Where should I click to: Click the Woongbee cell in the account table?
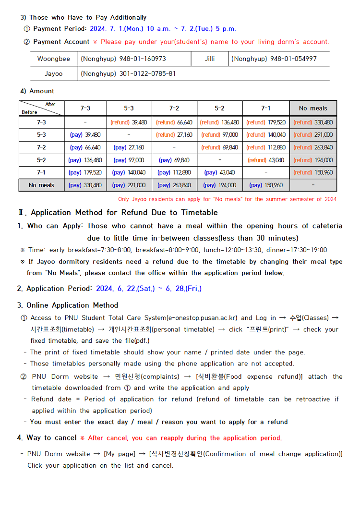pyautogui.click(x=54, y=59)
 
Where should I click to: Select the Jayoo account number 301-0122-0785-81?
pyautogui.click(x=128, y=74)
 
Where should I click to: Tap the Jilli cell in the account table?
pyautogui.click(x=210, y=59)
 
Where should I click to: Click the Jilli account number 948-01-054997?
pyautogui.click(x=274, y=59)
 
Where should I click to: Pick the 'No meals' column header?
pyautogui.click(x=313, y=108)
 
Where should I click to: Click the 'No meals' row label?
pyautogui.click(x=41, y=185)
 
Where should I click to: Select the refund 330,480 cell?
pyautogui.click(x=313, y=122)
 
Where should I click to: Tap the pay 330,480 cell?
pyautogui.click(x=85, y=185)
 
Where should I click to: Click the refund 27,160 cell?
pyautogui.click(x=174, y=135)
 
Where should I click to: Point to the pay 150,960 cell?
pyautogui.click(x=266, y=185)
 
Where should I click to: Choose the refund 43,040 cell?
pyautogui.click(x=266, y=160)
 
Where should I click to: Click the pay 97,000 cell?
pyautogui.click(x=129, y=160)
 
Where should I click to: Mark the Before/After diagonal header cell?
pyautogui.click(x=41, y=108)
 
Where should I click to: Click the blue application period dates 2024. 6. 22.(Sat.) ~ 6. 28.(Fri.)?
pyautogui.click(x=149, y=289)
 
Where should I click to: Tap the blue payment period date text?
pyautogui.click(x=163, y=29)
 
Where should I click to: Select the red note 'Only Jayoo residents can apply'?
pyautogui.click(x=227, y=199)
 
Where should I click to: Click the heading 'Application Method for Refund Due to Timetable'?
pyautogui.click(x=124, y=213)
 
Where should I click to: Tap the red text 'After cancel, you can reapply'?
pyautogui.click(x=185, y=438)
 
